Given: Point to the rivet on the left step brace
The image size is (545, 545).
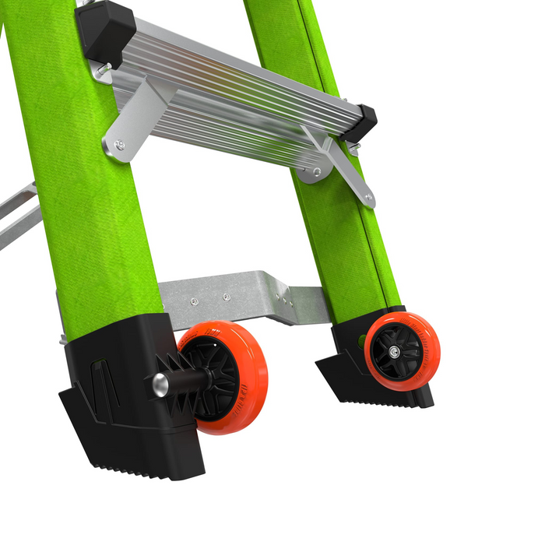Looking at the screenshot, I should coord(118,144).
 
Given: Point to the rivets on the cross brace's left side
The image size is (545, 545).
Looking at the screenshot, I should coord(210,298).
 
